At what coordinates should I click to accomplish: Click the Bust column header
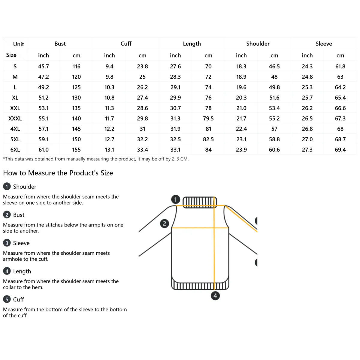point(60,43)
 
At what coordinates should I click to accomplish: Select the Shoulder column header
point(258,43)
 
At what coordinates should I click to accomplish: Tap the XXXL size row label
point(15,118)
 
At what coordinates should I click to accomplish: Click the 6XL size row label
point(15,150)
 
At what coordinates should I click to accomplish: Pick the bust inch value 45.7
point(43,66)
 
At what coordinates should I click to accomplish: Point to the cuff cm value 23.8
point(142,66)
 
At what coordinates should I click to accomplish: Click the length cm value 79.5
point(208,118)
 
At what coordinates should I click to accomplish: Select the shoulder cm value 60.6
point(274,150)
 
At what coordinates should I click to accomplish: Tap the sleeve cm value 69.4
point(340,150)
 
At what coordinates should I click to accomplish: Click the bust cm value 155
point(76,150)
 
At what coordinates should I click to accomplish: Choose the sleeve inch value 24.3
point(307,66)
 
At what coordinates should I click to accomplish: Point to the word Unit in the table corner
point(18,44)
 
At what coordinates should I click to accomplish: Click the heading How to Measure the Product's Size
point(58,173)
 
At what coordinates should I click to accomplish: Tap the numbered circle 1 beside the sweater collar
point(175,199)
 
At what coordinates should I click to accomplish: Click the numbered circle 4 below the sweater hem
point(215,296)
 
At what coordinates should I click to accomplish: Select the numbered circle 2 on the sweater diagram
point(164,223)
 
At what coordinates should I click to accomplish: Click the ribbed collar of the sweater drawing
point(199,202)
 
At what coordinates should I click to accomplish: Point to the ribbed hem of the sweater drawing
point(200,286)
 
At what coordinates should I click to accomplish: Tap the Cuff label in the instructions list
point(18,299)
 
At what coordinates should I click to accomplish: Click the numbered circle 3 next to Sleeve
point(7,243)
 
